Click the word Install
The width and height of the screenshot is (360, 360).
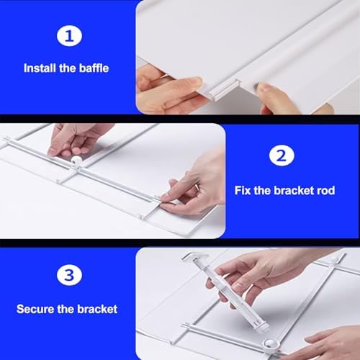[39, 68]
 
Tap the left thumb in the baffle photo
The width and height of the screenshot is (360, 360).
[180, 85]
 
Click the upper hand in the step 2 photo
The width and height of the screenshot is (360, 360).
[76, 137]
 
